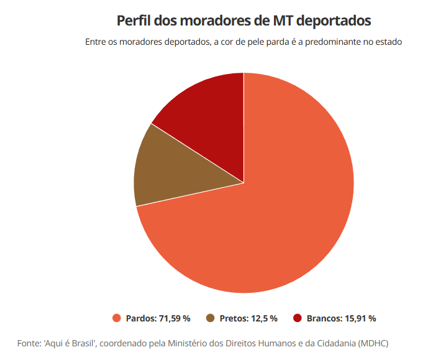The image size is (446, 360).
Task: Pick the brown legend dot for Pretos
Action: click(211, 318)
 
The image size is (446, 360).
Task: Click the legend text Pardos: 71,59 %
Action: click(158, 318)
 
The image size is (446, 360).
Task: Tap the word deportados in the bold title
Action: click(334, 21)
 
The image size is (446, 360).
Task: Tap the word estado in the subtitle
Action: click(389, 42)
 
